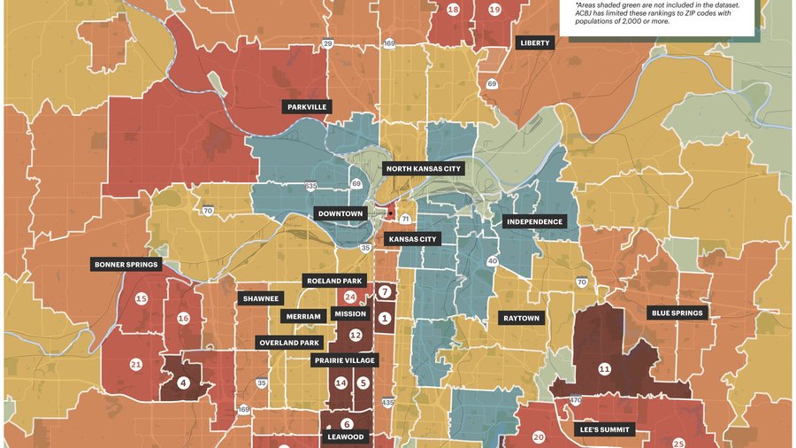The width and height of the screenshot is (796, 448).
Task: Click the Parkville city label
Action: click(x=307, y=106)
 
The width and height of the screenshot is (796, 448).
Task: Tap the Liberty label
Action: click(x=535, y=42)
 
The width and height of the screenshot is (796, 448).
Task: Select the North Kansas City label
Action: click(x=423, y=167)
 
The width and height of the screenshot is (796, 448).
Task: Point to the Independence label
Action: click(x=534, y=221)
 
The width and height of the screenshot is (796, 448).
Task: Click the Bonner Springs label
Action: click(x=126, y=264)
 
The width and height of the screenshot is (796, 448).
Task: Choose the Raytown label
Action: click(x=521, y=318)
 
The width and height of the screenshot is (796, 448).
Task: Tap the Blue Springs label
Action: click(x=677, y=313)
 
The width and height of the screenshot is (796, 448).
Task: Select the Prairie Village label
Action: click(x=346, y=360)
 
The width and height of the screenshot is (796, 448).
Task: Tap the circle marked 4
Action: click(x=183, y=383)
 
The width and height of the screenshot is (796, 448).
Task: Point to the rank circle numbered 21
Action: click(x=135, y=365)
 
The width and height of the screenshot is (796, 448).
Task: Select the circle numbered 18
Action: click(x=453, y=10)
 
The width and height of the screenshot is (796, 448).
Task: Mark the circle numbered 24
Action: click(x=350, y=297)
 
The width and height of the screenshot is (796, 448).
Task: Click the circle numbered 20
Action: click(x=539, y=436)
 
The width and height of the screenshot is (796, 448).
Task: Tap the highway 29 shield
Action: click(x=327, y=43)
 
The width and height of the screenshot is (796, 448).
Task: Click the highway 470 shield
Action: click(x=575, y=400)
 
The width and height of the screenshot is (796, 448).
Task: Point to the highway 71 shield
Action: click(x=404, y=218)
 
